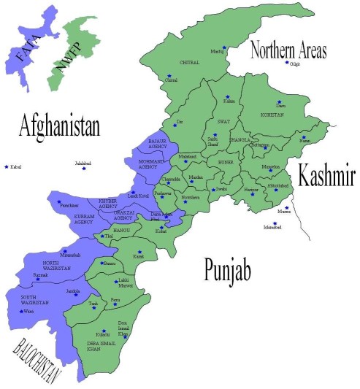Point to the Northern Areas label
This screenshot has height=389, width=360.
tap(288, 51)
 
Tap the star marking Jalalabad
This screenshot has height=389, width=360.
tap(84, 169)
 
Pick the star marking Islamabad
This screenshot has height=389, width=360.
tap(275, 223)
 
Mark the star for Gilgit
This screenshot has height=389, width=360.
tap(288, 63)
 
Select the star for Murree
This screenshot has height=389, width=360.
tap(287, 208)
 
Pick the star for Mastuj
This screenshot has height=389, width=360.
tap(225, 48)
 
